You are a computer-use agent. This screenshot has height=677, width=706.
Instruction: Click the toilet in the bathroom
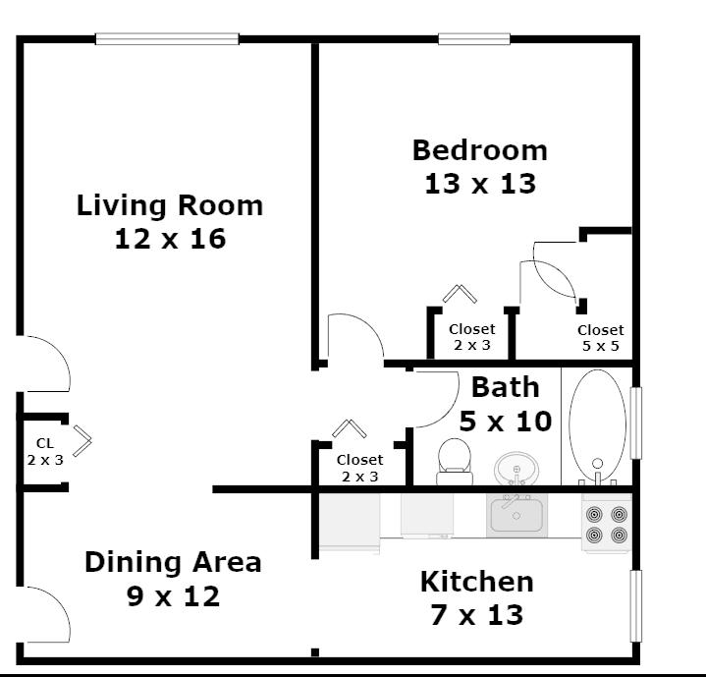click(455, 461)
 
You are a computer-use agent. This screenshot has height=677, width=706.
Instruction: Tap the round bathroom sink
click(516, 469)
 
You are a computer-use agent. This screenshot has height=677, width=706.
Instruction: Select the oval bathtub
click(597, 425)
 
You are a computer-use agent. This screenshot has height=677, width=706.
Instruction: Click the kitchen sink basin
click(516, 515)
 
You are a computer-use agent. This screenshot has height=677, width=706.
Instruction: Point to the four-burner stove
click(607, 525)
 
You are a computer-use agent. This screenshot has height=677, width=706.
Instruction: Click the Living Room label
click(170, 205)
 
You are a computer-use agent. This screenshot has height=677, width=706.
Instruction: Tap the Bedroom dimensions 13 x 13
click(480, 184)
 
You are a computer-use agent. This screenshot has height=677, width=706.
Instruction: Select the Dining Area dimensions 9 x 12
click(174, 596)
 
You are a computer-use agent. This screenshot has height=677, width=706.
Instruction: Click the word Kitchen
click(477, 582)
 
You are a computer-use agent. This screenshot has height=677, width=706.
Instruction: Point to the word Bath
click(505, 387)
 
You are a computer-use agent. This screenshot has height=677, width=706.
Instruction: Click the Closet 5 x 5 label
click(601, 338)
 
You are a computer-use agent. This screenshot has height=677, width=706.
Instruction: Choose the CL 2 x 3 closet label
click(45, 452)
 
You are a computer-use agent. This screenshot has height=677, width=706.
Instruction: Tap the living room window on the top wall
click(167, 39)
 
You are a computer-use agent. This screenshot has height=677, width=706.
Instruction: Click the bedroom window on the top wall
click(474, 39)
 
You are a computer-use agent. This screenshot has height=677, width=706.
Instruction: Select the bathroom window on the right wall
click(635, 423)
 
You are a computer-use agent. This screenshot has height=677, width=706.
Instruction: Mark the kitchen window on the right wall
click(635, 606)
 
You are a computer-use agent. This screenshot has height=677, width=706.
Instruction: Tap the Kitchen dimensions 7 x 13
click(477, 615)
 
